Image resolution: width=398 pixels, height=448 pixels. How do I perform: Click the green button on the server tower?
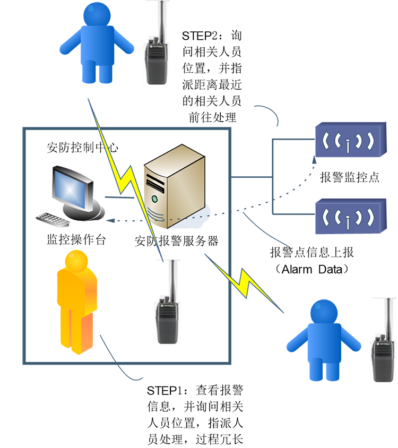(154, 199)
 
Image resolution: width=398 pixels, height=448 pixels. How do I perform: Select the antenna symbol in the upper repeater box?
(348, 141)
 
